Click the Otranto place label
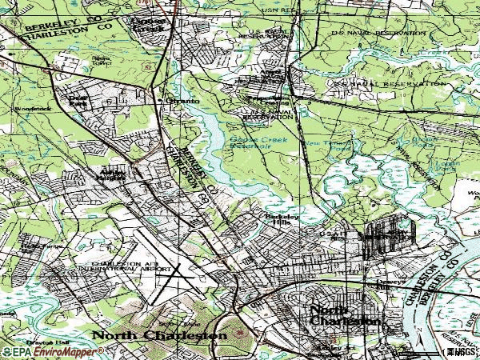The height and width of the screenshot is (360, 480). tap(182, 101)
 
